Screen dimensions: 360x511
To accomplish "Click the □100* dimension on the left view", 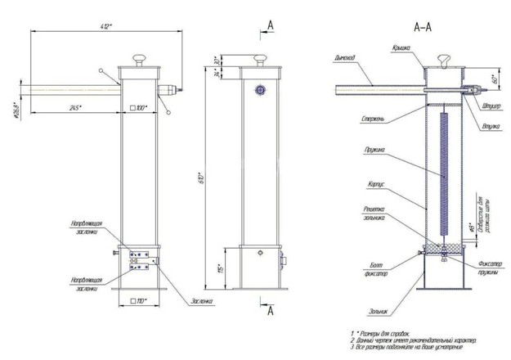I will click(x=137, y=107).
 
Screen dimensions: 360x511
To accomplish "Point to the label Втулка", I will click(x=491, y=126).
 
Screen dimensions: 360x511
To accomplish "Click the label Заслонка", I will click(x=202, y=300).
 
